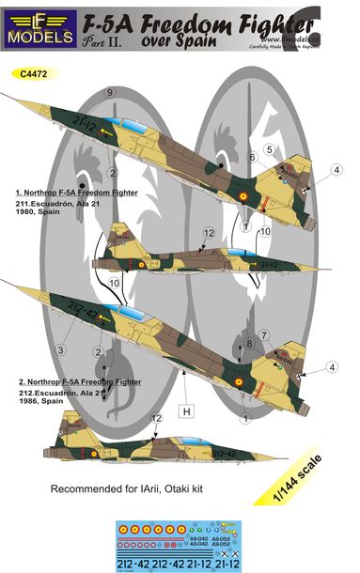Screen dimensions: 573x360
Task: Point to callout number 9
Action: [x=111, y=92]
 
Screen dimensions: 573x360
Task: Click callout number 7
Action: [x=266, y=335]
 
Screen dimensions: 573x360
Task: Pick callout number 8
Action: [x=250, y=345]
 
